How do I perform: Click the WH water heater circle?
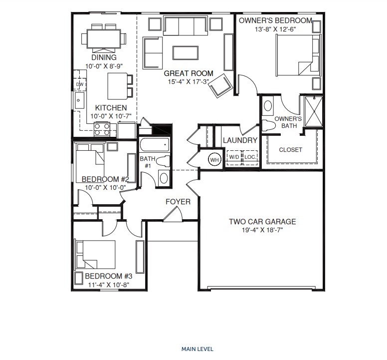point(215,160)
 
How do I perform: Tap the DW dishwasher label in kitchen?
point(80,84)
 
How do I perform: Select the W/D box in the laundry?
point(234,157)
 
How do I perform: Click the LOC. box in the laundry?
point(250,157)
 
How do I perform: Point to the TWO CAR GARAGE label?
point(262,222)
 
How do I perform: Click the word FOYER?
point(178,202)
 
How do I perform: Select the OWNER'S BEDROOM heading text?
point(275,20)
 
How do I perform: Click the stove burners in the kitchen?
point(102,129)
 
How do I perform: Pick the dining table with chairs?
point(104,38)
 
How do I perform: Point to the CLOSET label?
point(290,150)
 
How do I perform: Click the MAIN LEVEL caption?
point(197,349)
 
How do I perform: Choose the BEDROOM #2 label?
point(105,179)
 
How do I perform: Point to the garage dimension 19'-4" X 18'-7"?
point(262,230)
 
